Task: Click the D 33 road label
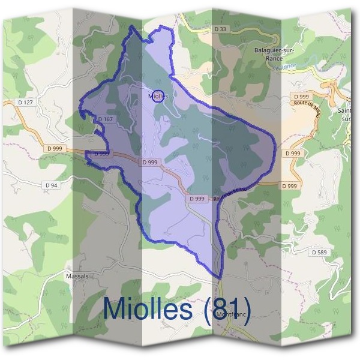tap(220, 28)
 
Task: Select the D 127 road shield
tap(26, 103)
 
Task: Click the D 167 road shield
tap(104, 119)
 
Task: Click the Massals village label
tap(76, 276)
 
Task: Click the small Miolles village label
tap(158, 96)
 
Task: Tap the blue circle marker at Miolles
tap(157, 97)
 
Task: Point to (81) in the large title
tap(227, 308)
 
